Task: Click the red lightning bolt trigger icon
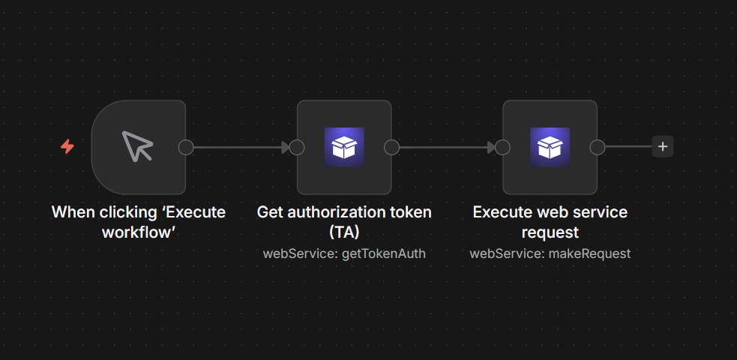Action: (x=67, y=147)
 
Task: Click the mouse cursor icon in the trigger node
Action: (x=137, y=146)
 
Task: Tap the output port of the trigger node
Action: (x=186, y=147)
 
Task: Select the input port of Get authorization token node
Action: (x=297, y=147)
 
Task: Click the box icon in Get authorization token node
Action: (x=344, y=147)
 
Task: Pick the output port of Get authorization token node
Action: (x=391, y=147)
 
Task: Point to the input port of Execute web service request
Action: (x=502, y=147)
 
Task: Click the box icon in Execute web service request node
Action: (x=550, y=147)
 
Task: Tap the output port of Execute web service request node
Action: (x=598, y=147)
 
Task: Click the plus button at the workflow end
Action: (x=663, y=147)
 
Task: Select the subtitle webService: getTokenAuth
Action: (x=344, y=253)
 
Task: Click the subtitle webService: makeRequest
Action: (x=550, y=253)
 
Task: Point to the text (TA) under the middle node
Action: (x=344, y=232)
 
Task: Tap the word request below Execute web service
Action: (x=550, y=232)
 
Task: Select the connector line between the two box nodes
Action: (x=447, y=147)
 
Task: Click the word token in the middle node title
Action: (x=412, y=212)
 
